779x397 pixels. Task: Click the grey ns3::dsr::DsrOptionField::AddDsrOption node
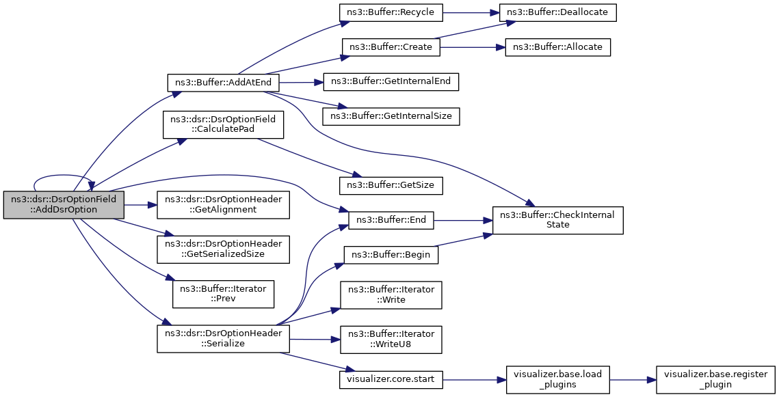click(x=64, y=204)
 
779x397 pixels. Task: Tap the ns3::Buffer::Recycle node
click(x=391, y=12)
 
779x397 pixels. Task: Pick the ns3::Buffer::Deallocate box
click(x=560, y=12)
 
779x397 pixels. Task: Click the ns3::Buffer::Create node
click(x=391, y=47)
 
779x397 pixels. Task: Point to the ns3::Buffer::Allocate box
click(x=558, y=47)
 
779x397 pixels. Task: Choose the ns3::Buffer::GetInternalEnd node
click(x=391, y=81)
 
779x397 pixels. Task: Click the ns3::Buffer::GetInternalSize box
click(x=391, y=116)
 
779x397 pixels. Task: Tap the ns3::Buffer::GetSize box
click(x=391, y=185)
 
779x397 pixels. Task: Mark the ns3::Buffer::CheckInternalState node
click(x=558, y=220)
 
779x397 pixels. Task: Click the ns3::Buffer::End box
click(x=391, y=220)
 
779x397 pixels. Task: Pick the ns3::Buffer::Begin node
click(x=391, y=255)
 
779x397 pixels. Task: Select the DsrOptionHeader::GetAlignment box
click(x=224, y=204)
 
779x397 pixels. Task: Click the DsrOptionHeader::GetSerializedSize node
click(x=224, y=249)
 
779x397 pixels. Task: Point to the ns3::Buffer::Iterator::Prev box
click(x=224, y=294)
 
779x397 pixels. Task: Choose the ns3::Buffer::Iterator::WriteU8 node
click(x=391, y=340)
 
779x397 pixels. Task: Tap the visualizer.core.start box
click(x=391, y=380)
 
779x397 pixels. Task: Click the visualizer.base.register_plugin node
click(x=715, y=380)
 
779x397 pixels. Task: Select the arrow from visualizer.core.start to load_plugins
click(x=475, y=380)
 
